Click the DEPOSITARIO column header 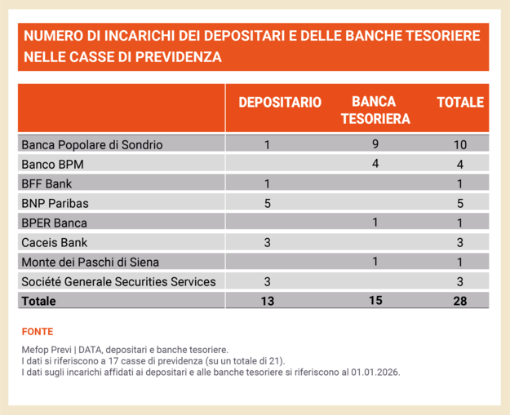pyautogui.click(x=279, y=103)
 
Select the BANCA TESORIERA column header pyautogui.click(x=375, y=110)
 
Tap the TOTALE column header pyautogui.click(x=460, y=103)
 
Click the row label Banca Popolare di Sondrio pyautogui.click(x=92, y=145)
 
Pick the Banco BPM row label pyautogui.click(x=53, y=165)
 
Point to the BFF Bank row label pyautogui.click(x=47, y=183)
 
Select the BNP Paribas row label pyautogui.click(x=55, y=203)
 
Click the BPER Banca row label pyautogui.click(x=54, y=223)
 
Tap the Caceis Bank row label pyautogui.click(x=54, y=242)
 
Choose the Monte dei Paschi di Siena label pyautogui.click(x=85, y=262)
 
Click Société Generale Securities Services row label pyautogui.click(x=118, y=281)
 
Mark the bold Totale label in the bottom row pyautogui.click(x=39, y=301)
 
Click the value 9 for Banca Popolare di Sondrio pyautogui.click(x=375, y=145)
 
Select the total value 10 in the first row pyautogui.click(x=460, y=145)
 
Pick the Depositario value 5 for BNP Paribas pyautogui.click(x=268, y=203)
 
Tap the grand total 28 pyautogui.click(x=460, y=301)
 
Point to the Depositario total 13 pyautogui.click(x=268, y=301)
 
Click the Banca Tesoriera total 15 pyautogui.click(x=375, y=301)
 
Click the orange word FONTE pyautogui.click(x=38, y=332)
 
